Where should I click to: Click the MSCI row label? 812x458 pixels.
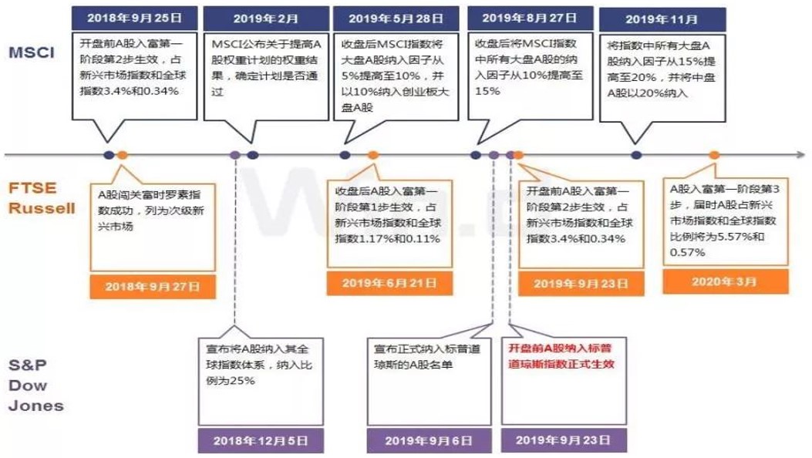point(32,52)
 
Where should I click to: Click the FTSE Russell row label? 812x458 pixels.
point(42,197)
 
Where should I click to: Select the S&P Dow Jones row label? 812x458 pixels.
point(35,386)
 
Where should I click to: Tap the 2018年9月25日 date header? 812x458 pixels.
point(135,18)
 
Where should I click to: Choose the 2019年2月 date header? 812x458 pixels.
point(266,19)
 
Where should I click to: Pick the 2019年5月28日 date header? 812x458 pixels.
point(396,19)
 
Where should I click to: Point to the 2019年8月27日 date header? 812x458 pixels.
point(530,18)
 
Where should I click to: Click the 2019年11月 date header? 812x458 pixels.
point(662,20)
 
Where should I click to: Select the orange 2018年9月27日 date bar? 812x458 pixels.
point(153,287)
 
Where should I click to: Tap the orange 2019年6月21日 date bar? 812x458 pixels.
point(389,283)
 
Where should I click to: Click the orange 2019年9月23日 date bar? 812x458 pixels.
point(581,284)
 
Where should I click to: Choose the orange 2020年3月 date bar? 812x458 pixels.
point(725,282)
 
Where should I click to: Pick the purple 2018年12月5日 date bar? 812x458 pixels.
point(261,441)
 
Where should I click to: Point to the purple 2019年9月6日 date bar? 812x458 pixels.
point(429,441)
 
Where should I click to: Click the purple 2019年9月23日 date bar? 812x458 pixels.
point(564,440)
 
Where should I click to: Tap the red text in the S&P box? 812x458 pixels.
point(561,356)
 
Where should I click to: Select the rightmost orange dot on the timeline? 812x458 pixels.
point(714,155)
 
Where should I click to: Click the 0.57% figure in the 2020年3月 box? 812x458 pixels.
point(687,253)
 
